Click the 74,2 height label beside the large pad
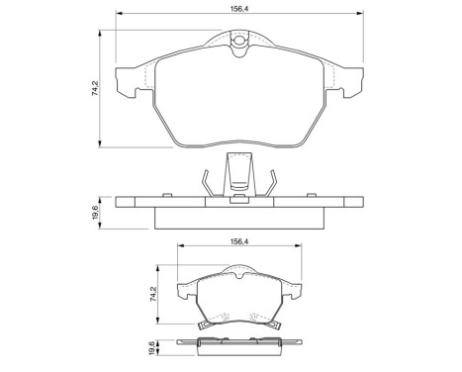(x=95, y=87)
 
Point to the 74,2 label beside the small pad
(x=155, y=295)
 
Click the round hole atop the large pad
(x=237, y=41)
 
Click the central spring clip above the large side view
(x=237, y=176)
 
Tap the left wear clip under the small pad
(x=205, y=323)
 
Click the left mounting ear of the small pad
(x=182, y=292)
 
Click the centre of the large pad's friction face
(x=237, y=99)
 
